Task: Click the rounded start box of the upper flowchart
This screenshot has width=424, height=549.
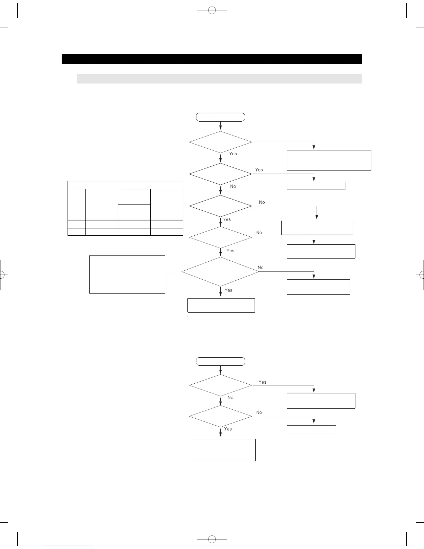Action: (x=221, y=117)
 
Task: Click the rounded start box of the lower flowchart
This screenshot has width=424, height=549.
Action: (x=221, y=361)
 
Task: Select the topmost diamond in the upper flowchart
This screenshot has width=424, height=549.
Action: (x=221, y=142)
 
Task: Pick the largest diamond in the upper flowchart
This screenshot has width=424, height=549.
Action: (x=221, y=271)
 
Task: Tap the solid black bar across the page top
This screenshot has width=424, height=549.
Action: (x=212, y=59)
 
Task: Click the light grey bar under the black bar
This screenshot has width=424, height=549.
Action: (x=219, y=79)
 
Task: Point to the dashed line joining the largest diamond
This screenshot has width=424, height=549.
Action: (x=173, y=272)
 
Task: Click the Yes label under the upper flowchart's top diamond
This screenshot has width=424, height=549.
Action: (x=233, y=154)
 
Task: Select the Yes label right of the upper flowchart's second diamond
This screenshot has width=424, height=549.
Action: (x=259, y=169)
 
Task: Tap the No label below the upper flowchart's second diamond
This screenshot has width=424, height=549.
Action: (x=233, y=186)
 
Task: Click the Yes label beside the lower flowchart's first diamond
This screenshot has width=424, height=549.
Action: (x=263, y=382)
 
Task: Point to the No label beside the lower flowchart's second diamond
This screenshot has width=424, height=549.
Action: (x=259, y=412)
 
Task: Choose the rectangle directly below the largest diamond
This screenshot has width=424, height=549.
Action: (x=221, y=305)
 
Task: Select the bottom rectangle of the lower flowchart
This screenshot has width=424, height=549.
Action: (x=222, y=450)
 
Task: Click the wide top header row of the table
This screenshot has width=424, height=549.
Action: (x=125, y=185)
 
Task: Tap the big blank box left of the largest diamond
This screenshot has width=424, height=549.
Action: (x=127, y=274)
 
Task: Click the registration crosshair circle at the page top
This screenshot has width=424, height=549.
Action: (x=212, y=10)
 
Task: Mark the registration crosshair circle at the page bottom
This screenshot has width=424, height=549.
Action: (x=212, y=539)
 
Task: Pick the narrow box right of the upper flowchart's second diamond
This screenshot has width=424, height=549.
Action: (x=316, y=186)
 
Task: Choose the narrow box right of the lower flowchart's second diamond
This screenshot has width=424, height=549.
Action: (x=311, y=429)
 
